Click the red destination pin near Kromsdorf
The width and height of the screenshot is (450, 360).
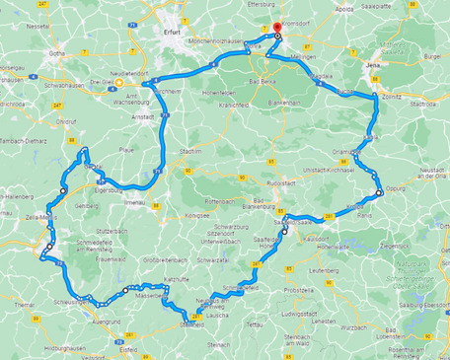click(x=276, y=29)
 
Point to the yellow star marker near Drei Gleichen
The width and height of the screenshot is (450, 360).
click(x=120, y=83)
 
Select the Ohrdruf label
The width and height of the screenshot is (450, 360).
click(x=66, y=121)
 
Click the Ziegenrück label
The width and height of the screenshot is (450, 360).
click(x=396, y=243)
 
